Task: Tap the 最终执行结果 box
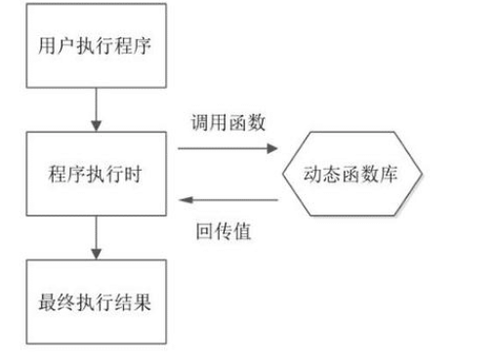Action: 96,300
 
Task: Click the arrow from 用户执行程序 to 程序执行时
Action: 96,109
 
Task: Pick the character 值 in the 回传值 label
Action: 241,233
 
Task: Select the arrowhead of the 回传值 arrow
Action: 183,201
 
